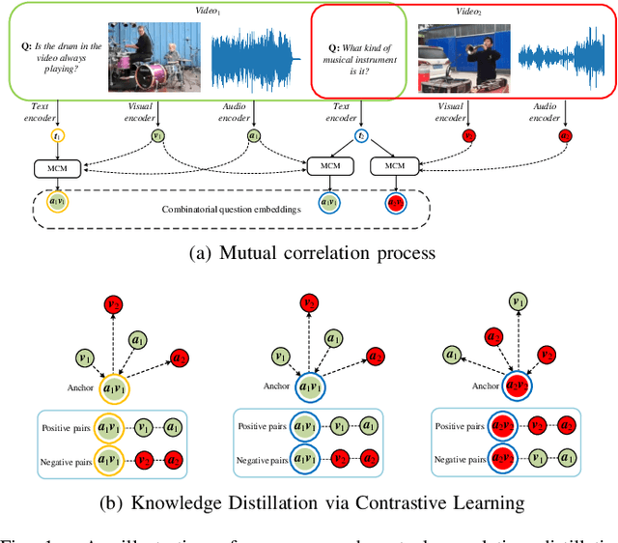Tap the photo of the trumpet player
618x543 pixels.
coord(464,57)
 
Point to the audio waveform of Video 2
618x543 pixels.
coord(564,56)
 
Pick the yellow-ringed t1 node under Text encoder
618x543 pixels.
coord(58,137)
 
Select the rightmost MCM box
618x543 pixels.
coord(395,167)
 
